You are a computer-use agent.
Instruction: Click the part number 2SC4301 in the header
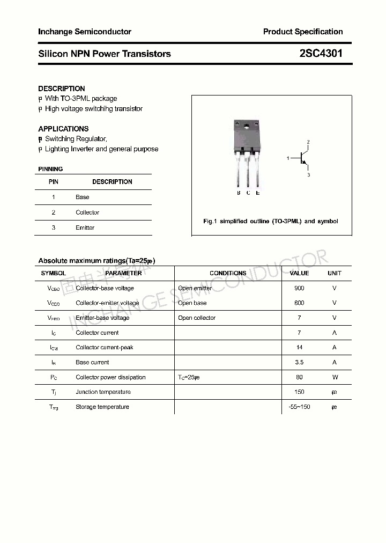click(x=321, y=54)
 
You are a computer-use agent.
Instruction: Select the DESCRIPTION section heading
click(x=61, y=89)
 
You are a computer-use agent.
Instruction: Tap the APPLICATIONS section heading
click(x=63, y=129)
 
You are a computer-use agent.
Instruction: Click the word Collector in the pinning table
click(x=87, y=212)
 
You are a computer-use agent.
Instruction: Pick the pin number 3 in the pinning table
click(x=54, y=228)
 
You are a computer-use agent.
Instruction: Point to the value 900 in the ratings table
click(x=299, y=288)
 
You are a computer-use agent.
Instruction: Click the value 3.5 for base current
click(x=299, y=362)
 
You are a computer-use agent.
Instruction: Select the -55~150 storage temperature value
click(x=299, y=407)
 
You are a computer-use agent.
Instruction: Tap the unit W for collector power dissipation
click(x=334, y=377)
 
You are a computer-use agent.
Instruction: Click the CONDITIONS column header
click(x=228, y=273)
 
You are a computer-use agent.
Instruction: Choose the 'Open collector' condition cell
click(x=197, y=318)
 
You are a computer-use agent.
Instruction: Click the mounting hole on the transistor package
click(x=246, y=127)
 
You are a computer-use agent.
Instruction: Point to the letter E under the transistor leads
click(x=258, y=193)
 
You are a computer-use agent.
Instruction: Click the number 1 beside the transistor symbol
click(x=288, y=158)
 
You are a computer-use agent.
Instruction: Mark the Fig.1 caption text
click(x=271, y=221)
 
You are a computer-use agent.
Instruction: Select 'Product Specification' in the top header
click(x=303, y=32)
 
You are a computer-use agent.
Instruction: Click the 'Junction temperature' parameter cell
click(x=103, y=392)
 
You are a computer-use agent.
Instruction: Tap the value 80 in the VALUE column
click(x=299, y=377)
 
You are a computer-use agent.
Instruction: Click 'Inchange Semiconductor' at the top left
click(x=85, y=32)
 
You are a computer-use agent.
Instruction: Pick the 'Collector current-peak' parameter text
click(x=104, y=347)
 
